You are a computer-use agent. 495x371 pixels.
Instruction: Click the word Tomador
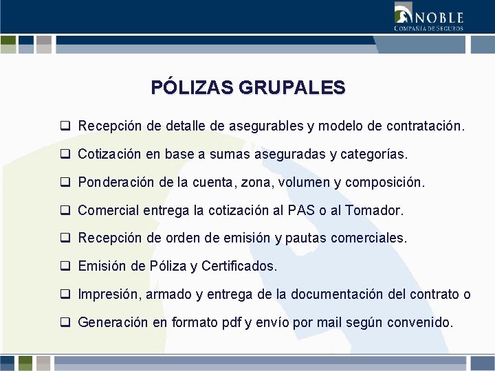click(x=377, y=210)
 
